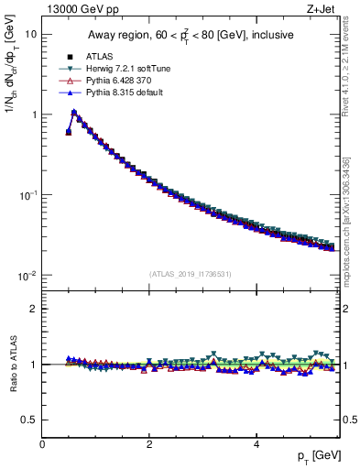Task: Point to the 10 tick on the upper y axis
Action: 30,34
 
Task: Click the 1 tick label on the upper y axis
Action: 33,115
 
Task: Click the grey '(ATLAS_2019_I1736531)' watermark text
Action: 190,274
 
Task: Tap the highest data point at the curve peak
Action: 74,113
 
